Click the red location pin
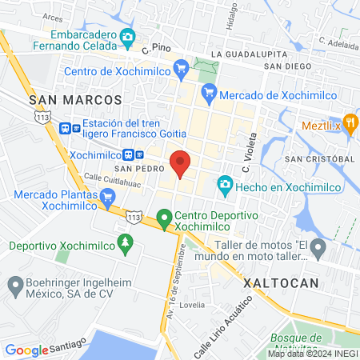click(x=181, y=163)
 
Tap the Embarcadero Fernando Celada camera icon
click(x=126, y=37)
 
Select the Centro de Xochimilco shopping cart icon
click(x=181, y=67)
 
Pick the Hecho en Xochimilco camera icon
click(x=225, y=186)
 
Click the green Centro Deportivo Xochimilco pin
click(x=164, y=217)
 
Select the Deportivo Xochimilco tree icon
click(x=124, y=241)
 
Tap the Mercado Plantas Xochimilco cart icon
click(x=106, y=196)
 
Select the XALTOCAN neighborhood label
click(x=280, y=283)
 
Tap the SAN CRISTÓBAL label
click(x=320, y=159)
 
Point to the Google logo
click(x=27, y=350)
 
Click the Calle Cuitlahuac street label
click(x=113, y=179)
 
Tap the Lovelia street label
click(x=191, y=305)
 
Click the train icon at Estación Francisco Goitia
click(x=75, y=126)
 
